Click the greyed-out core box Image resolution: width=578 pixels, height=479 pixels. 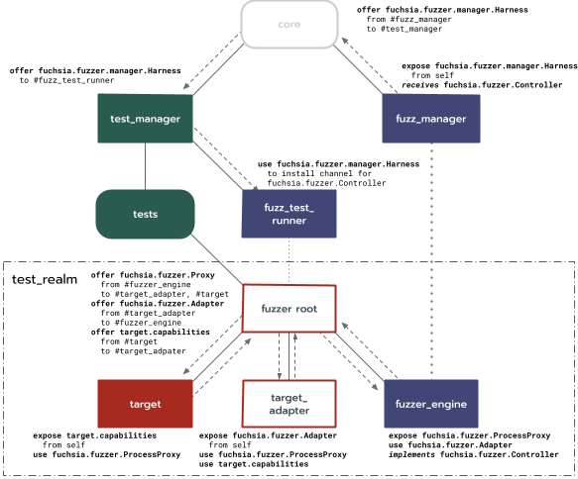tap(289, 25)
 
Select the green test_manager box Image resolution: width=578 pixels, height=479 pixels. tap(146, 119)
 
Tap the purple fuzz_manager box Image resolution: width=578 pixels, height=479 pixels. tap(430, 119)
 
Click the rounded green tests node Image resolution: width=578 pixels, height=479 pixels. tap(146, 213)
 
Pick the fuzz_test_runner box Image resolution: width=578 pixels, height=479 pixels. tap(289, 213)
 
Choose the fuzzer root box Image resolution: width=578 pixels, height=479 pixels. tap(289, 308)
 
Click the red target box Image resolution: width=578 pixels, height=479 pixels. tap(145, 404)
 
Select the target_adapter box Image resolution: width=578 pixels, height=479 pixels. tap(289, 404)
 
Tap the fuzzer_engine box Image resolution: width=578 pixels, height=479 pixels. tap(430, 404)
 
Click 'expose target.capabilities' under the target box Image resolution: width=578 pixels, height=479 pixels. tap(94, 434)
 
